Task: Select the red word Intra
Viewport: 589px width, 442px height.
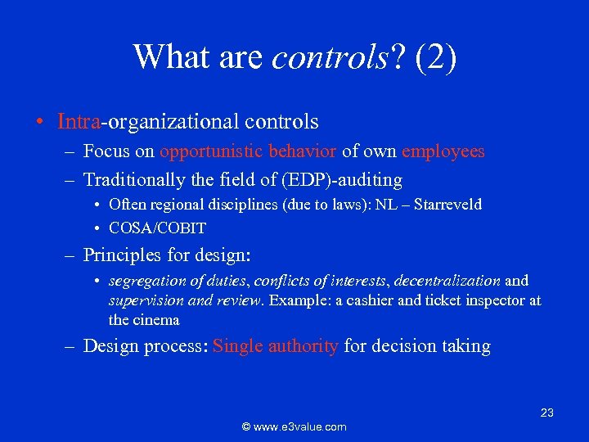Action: (x=79, y=122)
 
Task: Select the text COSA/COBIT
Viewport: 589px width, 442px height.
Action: (x=157, y=228)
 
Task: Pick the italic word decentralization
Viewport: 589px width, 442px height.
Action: (x=447, y=281)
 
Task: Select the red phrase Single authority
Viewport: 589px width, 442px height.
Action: (x=275, y=346)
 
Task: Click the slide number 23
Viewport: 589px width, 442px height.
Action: (x=547, y=413)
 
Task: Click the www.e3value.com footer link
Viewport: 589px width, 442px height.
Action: (x=301, y=426)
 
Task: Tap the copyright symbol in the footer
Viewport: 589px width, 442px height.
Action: (x=246, y=426)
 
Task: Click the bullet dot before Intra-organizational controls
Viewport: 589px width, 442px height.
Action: (x=39, y=123)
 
